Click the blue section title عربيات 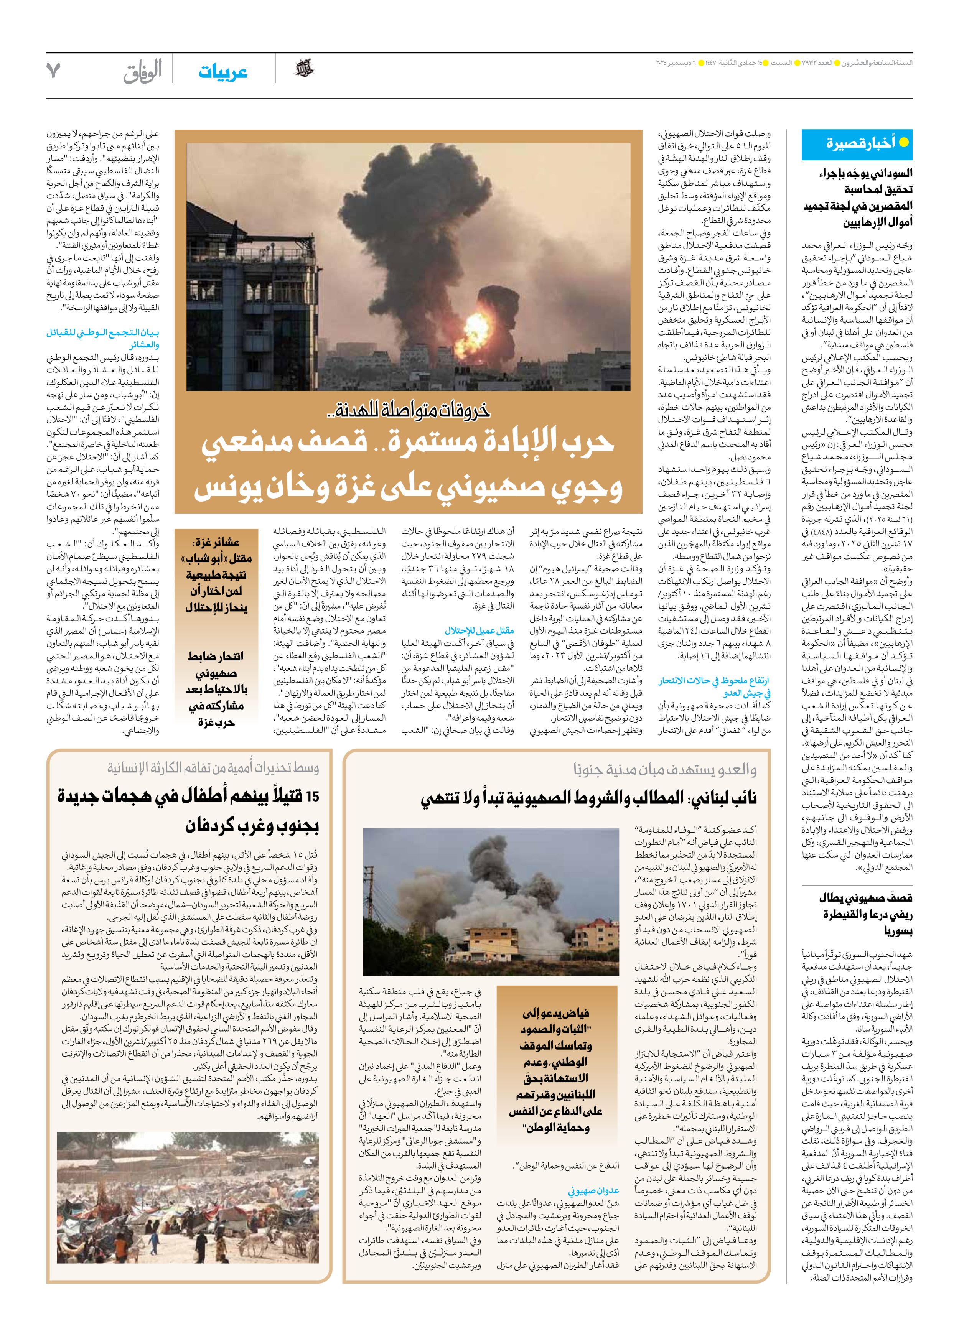[x=223, y=72]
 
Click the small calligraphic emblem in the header [x=304, y=69]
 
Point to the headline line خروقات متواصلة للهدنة [x=408, y=410]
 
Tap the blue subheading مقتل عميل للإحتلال [x=479, y=630]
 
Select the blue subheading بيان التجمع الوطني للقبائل [x=103, y=332]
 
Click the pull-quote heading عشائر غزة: [x=216, y=542]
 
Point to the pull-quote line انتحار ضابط [x=216, y=656]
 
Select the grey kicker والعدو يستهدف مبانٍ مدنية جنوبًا [x=664, y=769]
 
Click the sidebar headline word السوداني [x=885, y=173]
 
